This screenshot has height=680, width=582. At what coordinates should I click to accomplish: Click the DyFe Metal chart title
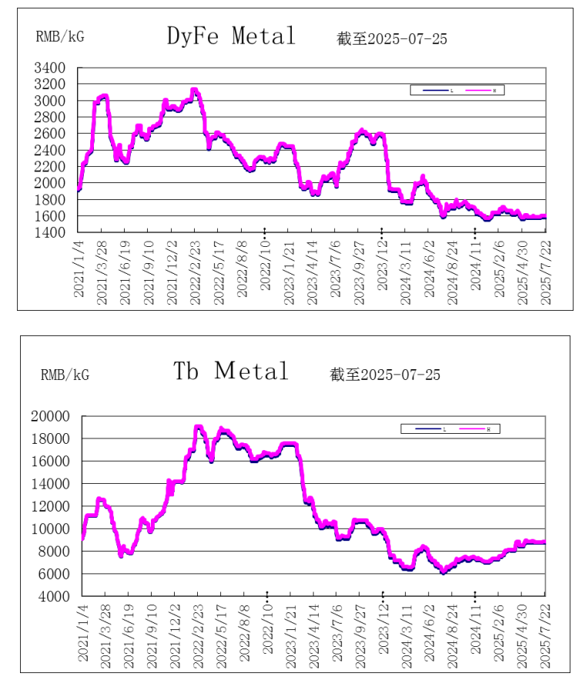pos(231,35)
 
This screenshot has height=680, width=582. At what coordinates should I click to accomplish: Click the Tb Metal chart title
pos(231,371)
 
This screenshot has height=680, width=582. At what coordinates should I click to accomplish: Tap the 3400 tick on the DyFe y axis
pos(49,68)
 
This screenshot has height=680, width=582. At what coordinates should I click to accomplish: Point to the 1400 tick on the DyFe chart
pos(49,232)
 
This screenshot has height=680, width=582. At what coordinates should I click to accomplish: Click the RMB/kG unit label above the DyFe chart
pos(60,36)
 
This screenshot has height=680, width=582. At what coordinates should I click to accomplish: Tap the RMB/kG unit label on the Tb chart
pos(65,375)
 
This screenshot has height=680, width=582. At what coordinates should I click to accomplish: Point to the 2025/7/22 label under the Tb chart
pos(545,633)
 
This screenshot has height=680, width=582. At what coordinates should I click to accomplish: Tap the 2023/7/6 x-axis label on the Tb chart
pos(336,633)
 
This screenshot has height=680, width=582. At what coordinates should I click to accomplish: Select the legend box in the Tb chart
pos(450,428)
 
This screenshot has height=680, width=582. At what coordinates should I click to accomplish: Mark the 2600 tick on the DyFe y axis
pos(49,134)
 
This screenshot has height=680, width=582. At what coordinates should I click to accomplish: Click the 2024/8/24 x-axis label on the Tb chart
pos(452,633)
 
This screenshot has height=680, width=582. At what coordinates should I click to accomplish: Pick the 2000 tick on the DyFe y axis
pos(49,183)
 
